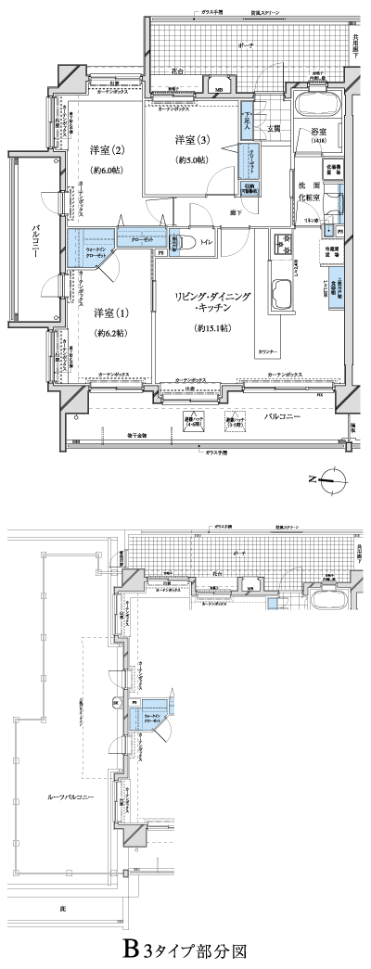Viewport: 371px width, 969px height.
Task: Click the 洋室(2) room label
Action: pos(107,150)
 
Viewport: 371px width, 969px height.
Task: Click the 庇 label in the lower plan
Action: pos(62,908)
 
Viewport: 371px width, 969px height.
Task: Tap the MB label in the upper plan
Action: pos(218,89)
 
